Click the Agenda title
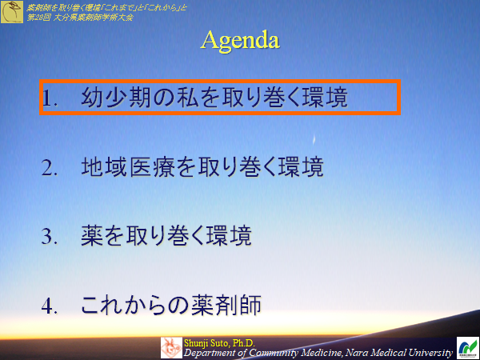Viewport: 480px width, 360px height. pyautogui.click(x=240, y=40)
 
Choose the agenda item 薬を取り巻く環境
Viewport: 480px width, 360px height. pyautogui.click(x=166, y=237)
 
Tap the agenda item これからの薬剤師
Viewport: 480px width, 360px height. pyautogui.click(x=171, y=306)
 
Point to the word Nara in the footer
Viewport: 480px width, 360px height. pyautogui.click(x=359, y=352)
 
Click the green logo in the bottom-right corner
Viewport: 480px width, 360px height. pyautogui.click(x=467, y=348)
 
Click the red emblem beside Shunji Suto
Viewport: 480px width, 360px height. pyautogui.click(x=171, y=347)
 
